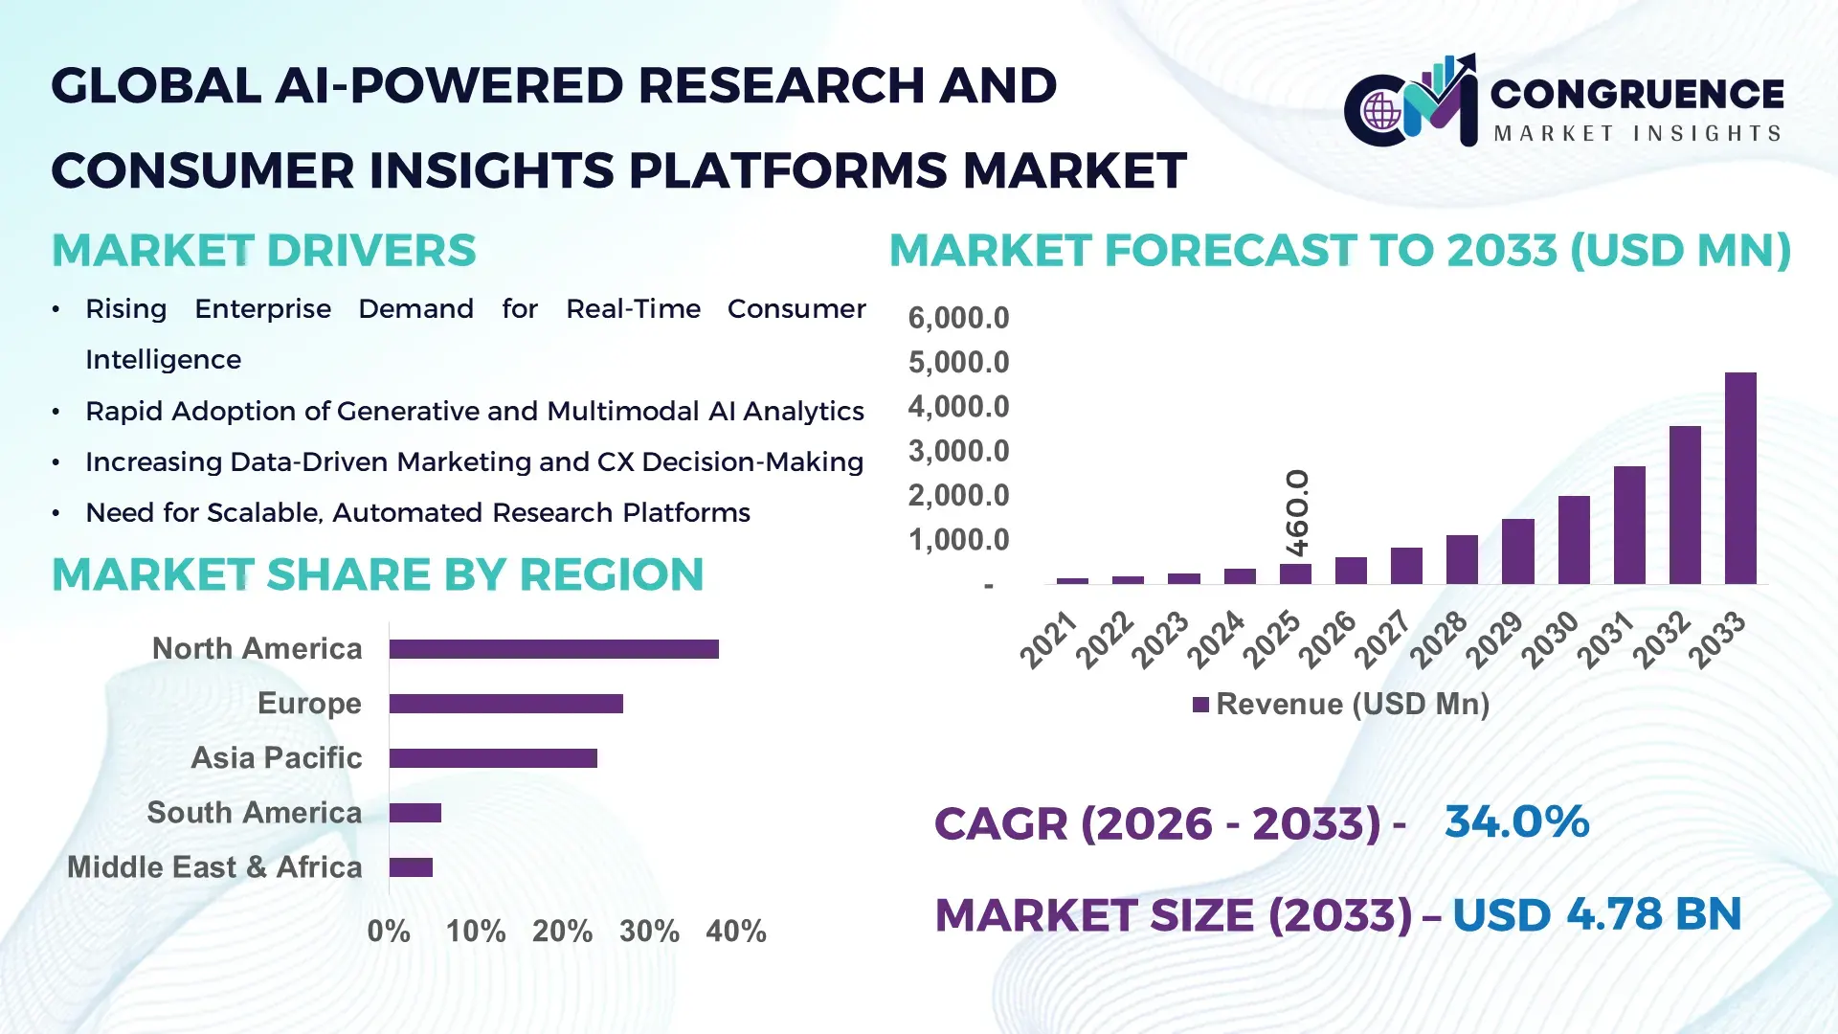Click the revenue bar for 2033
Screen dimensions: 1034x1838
click(x=1740, y=479)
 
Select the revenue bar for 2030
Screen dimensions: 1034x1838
click(x=1574, y=540)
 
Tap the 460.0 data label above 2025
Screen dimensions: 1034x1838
click(x=1297, y=512)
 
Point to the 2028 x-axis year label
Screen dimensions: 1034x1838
click(x=1438, y=640)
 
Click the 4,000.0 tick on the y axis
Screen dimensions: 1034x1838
click(x=958, y=407)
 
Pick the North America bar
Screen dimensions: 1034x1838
click(x=553, y=649)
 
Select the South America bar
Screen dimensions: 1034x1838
click(x=415, y=813)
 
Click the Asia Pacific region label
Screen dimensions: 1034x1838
click(x=276, y=757)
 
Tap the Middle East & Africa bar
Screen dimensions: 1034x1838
click(x=411, y=867)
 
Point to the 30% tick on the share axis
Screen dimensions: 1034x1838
click(x=649, y=931)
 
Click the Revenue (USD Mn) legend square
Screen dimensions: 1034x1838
click(x=1200, y=705)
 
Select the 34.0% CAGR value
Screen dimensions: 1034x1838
click(x=1516, y=821)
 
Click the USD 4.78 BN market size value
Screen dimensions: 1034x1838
click(x=1596, y=914)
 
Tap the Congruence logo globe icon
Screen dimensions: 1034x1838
click(x=1381, y=112)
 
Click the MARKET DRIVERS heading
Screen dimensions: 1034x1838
click(x=263, y=251)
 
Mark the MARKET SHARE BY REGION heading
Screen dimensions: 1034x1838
click(x=377, y=574)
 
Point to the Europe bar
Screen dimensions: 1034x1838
click(x=505, y=704)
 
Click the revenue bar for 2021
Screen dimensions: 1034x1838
click(x=1072, y=580)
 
